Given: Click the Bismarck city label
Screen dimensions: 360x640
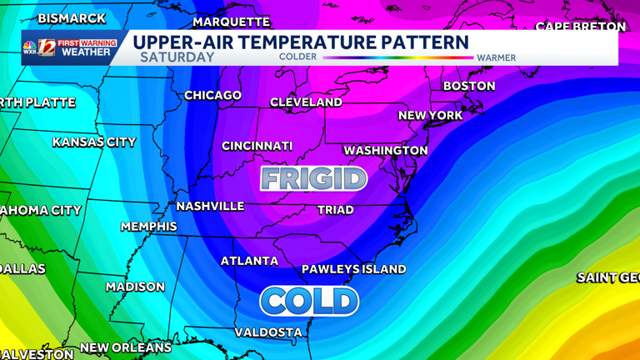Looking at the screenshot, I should tap(72, 18).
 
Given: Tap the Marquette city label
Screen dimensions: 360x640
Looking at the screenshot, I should tap(232, 22).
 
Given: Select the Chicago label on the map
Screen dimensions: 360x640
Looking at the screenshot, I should tap(212, 96).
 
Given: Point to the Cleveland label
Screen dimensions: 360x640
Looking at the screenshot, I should tap(306, 102).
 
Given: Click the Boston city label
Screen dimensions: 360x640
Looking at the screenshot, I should tap(468, 86).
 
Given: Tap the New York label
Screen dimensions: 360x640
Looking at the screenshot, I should tap(430, 116).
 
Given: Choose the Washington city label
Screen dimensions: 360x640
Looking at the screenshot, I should tap(386, 151).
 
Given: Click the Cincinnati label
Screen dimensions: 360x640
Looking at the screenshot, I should tap(257, 146).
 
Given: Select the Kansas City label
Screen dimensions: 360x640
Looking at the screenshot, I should tap(94, 142).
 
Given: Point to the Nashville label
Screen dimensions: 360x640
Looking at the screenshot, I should tap(210, 206).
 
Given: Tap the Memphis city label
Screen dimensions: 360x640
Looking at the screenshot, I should tap(149, 227).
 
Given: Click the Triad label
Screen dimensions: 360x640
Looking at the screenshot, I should tap(336, 210).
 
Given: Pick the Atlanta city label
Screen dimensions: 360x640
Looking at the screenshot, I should tap(249, 262).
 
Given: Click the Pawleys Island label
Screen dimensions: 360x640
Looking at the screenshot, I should tap(353, 269).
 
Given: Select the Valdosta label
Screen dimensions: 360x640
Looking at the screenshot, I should tap(268, 332).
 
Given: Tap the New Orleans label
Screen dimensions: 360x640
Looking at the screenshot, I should tap(126, 347).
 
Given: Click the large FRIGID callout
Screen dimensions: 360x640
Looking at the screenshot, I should tap(313, 178).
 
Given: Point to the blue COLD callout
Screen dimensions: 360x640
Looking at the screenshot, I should tap(309, 301).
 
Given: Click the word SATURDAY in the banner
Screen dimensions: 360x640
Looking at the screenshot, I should tap(177, 58).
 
